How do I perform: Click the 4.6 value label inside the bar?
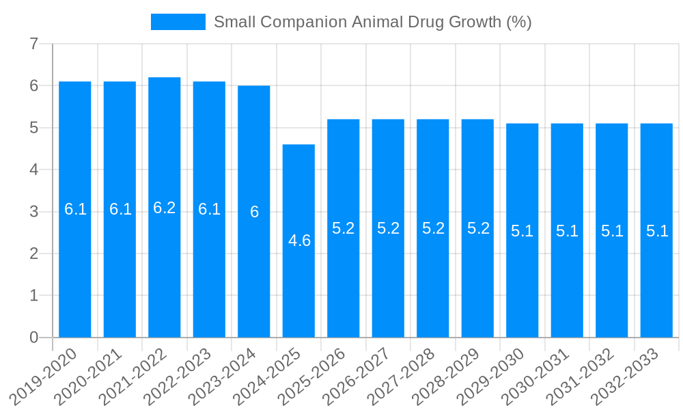299,241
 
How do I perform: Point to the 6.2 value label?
165,208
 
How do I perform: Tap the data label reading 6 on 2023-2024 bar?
254,213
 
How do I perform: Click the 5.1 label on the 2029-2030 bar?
522,231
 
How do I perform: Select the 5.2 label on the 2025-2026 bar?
344,229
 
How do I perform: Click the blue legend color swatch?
178,22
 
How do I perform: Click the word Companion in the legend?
305,22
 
